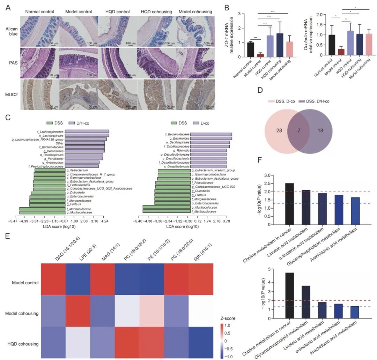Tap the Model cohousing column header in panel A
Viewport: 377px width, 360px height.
(195, 12)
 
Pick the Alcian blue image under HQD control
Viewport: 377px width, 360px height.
(117, 30)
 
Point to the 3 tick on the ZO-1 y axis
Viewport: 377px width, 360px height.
(239, 14)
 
